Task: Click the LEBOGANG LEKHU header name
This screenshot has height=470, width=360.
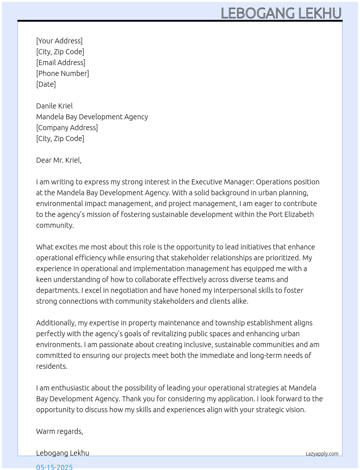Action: (281, 13)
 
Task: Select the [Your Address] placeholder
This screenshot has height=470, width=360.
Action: (59, 41)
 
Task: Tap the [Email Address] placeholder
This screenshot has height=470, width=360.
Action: (61, 63)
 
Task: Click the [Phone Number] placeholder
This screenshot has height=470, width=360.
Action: (63, 73)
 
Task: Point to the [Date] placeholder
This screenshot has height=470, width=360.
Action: (46, 84)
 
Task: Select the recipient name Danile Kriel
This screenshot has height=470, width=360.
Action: (54, 106)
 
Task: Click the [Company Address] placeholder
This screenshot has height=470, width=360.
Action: (67, 128)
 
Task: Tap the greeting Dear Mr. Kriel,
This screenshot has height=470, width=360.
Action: (59, 160)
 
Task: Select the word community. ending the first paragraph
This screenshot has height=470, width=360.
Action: (55, 225)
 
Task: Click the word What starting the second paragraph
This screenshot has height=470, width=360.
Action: (44, 247)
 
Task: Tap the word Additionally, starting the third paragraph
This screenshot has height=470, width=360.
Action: (56, 323)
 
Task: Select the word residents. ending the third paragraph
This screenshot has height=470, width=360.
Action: (52, 366)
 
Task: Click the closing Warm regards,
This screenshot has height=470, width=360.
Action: (60, 431)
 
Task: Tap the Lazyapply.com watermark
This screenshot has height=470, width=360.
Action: (322, 454)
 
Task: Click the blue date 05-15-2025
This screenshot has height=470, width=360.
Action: (55, 467)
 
